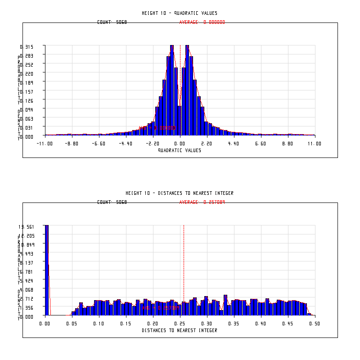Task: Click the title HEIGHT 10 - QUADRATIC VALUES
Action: (x=180, y=13)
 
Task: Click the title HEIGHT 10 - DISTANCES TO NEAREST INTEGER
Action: (x=180, y=193)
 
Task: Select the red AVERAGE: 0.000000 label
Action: (x=202, y=22)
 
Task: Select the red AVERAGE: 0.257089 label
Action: (x=202, y=202)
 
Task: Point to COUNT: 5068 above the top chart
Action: (x=112, y=22)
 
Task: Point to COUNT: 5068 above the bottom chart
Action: (x=112, y=202)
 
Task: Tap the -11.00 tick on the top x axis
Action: (x=45, y=144)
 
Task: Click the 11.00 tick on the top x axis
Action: (x=315, y=144)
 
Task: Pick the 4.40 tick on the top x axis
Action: (x=234, y=144)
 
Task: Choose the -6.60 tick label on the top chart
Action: (x=99, y=144)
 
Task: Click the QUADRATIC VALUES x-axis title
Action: (x=180, y=150)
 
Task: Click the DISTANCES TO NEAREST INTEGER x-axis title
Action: (x=180, y=330)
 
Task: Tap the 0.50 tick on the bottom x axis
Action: (x=315, y=324)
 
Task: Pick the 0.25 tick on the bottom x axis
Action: (x=180, y=324)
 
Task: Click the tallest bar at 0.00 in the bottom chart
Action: (x=46, y=270)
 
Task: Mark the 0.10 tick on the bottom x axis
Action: (x=99, y=324)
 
